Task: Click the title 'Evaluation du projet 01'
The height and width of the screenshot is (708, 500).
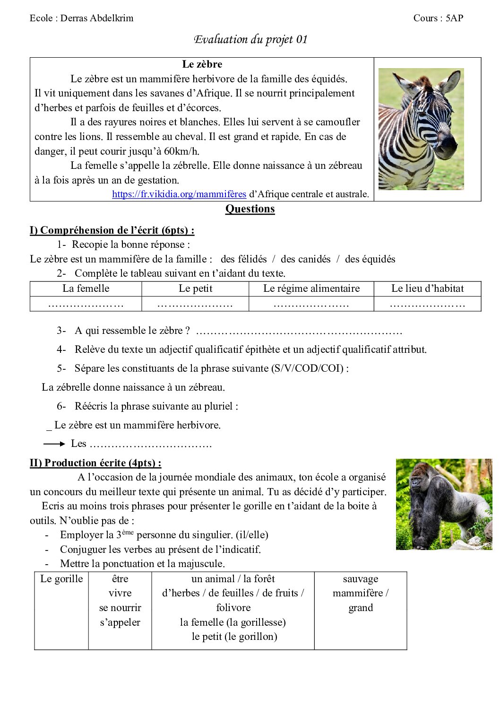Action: [x=250, y=39]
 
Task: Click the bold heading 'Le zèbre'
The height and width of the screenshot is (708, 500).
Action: [x=202, y=64]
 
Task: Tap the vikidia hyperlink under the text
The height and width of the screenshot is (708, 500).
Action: [x=179, y=194]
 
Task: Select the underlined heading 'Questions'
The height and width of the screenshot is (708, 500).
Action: [x=250, y=209]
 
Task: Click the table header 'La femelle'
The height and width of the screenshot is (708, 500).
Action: [x=86, y=288]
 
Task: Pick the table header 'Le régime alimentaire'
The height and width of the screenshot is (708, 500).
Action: [x=311, y=288]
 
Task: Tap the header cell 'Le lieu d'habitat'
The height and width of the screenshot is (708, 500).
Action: [x=427, y=288]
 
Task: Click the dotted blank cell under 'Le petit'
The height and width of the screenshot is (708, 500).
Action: [x=195, y=304]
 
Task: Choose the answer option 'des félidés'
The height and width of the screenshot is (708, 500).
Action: [x=243, y=259]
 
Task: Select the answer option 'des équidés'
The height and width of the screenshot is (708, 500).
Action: [x=370, y=259]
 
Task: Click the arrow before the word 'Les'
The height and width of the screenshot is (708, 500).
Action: [x=54, y=444]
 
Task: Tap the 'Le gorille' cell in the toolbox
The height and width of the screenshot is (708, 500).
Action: [x=61, y=579]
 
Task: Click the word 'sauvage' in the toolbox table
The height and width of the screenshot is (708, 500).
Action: [x=361, y=579]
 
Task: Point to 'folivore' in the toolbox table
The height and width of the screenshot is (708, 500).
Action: [x=233, y=608]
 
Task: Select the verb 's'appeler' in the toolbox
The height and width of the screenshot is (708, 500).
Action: [x=120, y=622]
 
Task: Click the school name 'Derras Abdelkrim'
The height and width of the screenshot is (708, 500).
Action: [x=97, y=18]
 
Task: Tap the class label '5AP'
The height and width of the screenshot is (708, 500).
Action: [x=454, y=18]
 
